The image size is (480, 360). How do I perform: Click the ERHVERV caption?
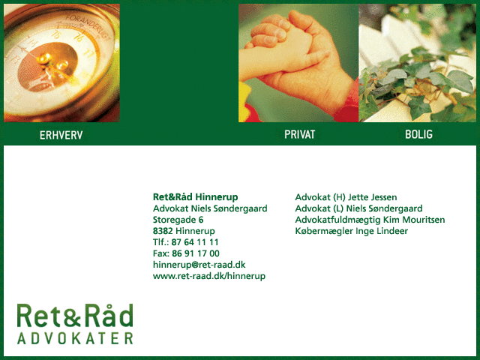click(61, 135)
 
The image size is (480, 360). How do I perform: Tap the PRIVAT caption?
click(300, 134)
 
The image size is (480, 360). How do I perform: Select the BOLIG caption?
click(418, 134)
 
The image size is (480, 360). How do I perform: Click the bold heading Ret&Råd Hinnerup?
click(195, 196)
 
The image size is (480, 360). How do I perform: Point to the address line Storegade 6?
click(178, 220)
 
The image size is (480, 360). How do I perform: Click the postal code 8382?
click(163, 231)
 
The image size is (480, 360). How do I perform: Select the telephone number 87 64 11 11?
click(195, 242)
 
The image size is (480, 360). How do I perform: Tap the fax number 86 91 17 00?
click(196, 253)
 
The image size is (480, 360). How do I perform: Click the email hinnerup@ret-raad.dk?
click(199, 265)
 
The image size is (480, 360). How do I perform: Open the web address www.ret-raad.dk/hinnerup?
click(209, 276)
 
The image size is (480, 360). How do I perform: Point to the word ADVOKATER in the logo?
click(75, 338)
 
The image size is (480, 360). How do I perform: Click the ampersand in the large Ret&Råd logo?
click(74, 316)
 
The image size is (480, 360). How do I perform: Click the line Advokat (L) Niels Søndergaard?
click(358, 208)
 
